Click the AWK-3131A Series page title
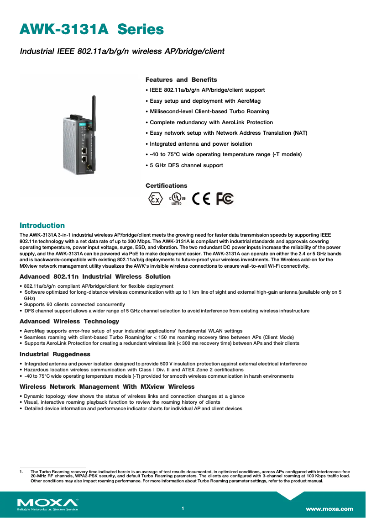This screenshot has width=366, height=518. [x=91, y=30]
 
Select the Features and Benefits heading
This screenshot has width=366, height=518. [x=181, y=79]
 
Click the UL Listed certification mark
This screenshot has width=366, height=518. [x=177, y=199]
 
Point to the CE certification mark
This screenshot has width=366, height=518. [x=201, y=199]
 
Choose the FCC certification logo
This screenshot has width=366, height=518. [x=225, y=199]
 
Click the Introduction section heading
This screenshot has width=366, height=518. [x=42, y=225]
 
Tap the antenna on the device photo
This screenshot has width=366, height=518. [x=94, y=110]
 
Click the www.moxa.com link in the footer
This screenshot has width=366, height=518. [x=329, y=508]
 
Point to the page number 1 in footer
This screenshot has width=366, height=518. [x=183, y=508]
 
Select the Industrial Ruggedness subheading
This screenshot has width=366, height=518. [x=55, y=354]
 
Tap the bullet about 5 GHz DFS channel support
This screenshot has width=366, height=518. [x=186, y=165]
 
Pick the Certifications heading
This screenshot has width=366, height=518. [x=166, y=185]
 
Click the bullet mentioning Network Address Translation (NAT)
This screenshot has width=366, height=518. [x=228, y=133]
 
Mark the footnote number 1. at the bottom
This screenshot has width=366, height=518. [x=21, y=471]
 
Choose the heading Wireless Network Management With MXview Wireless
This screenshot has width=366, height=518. [x=107, y=386]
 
